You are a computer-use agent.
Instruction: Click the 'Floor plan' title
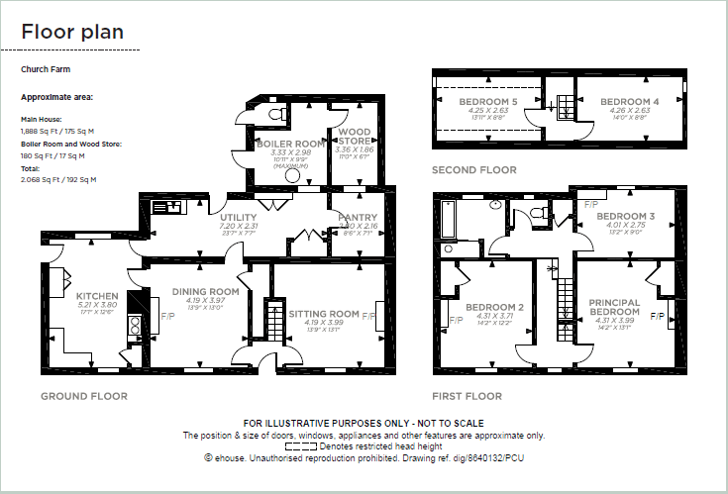[72, 32]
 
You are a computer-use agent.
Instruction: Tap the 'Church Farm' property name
[46, 70]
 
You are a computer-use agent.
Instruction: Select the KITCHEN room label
[97, 296]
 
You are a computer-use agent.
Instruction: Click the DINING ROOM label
[206, 291]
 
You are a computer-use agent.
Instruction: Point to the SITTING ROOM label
[324, 314]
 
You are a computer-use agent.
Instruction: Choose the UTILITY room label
[239, 218]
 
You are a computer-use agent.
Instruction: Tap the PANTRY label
[358, 217]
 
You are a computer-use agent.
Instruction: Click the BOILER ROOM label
[290, 144]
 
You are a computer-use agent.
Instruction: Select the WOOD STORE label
[355, 137]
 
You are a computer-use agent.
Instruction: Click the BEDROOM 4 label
[629, 102]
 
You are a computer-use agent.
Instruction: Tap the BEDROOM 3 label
[626, 217]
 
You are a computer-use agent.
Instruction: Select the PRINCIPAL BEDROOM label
[614, 307]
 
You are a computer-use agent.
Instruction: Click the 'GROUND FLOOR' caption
[84, 396]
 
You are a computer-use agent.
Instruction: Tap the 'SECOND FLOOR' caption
[474, 170]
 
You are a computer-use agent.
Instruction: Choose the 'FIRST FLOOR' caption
[467, 396]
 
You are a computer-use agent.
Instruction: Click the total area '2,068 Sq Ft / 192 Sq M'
[58, 179]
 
